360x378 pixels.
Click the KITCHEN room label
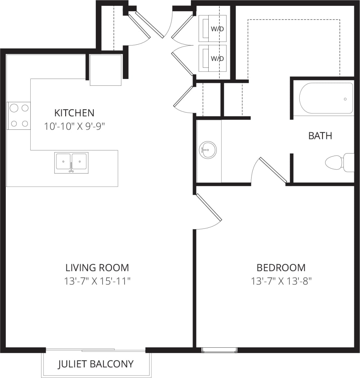[x=74, y=113]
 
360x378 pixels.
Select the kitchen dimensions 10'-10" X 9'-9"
[x=74, y=126]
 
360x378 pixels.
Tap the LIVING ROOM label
[x=97, y=268]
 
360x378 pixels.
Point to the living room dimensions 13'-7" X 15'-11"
[x=97, y=281]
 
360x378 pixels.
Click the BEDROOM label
[x=281, y=268]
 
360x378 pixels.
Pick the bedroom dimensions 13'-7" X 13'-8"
[x=281, y=281]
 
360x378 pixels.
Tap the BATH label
[x=320, y=136]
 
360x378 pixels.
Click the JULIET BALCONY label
[x=96, y=364]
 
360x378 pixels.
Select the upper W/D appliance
[x=213, y=28]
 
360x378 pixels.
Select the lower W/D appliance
[x=213, y=58]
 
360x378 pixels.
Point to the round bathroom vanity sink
[x=208, y=150]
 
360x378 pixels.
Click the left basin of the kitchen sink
[x=63, y=161]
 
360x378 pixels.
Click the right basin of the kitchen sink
[x=79, y=161]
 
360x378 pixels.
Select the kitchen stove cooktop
[x=19, y=115]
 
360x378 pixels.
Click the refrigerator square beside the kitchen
[x=105, y=70]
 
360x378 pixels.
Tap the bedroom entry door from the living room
[x=208, y=207]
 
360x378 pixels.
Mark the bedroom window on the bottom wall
[x=219, y=350]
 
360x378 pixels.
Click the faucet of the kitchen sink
[x=71, y=168]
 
